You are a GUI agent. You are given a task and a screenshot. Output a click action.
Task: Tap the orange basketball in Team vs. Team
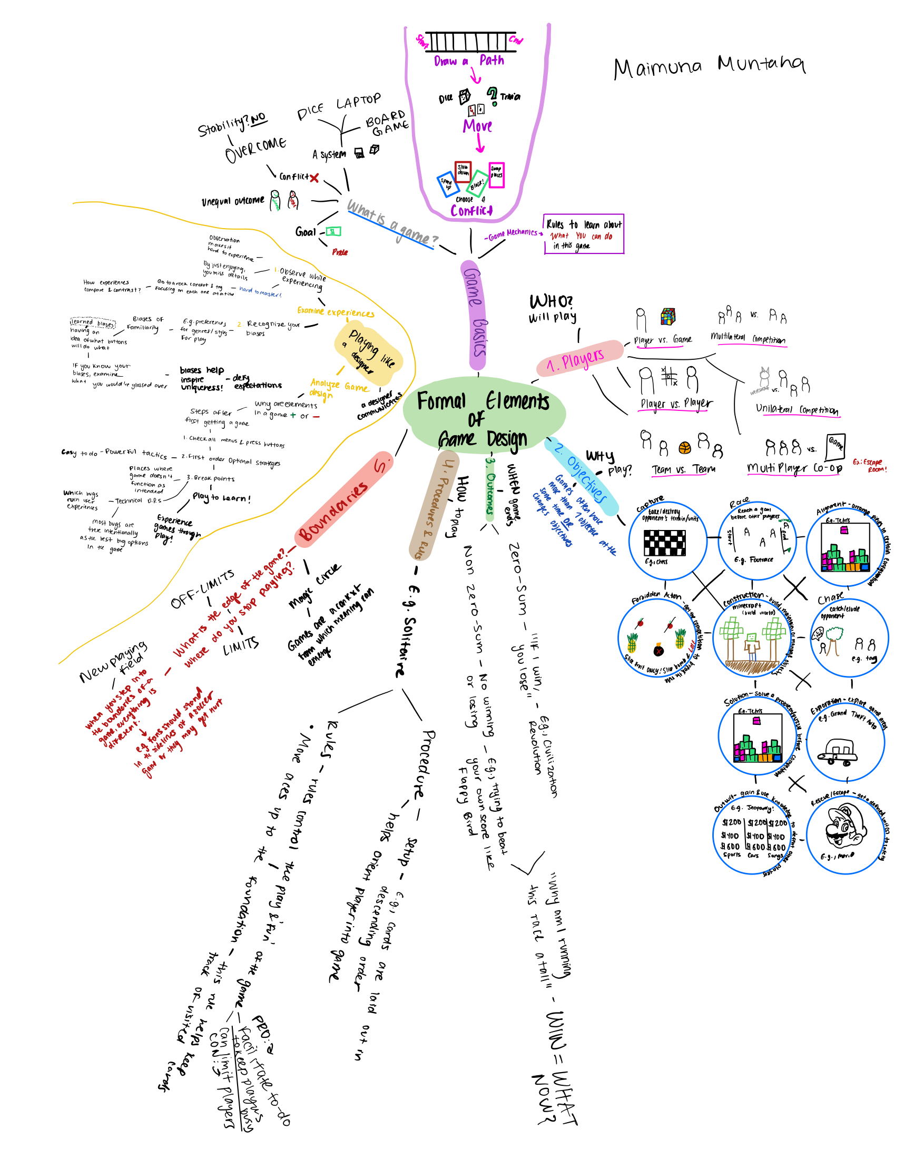[684, 447]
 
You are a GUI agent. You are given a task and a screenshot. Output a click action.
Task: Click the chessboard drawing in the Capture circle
[664, 543]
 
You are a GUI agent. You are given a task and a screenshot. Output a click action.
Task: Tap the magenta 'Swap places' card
[496, 175]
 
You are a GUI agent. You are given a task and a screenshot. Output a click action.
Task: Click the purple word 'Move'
[477, 126]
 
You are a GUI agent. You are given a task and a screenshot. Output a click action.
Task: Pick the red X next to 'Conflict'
[314, 178]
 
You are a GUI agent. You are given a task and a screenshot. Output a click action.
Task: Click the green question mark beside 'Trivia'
[492, 95]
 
